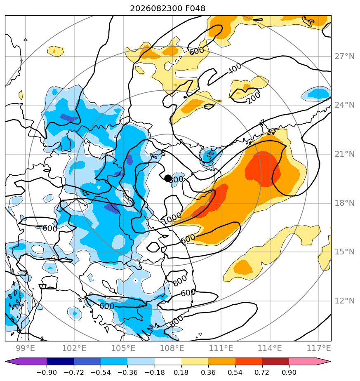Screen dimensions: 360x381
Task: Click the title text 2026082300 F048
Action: click(168, 9)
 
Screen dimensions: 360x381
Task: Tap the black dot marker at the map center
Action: click(168, 178)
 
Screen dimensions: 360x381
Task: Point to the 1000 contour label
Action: click(172, 218)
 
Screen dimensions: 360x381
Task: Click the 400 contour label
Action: click(235, 68)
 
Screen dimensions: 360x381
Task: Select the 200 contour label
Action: click(254, 97)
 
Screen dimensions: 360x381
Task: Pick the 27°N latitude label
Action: click(345, 56)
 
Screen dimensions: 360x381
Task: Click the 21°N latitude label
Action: click(345, 154)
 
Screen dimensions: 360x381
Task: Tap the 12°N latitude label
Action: click(345, 301)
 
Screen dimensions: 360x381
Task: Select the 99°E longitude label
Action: click(25, 348)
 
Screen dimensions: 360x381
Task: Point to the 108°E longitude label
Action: click(172, 348)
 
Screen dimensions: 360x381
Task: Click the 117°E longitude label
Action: click(319, 348)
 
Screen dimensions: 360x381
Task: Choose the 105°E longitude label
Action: click(123, 348)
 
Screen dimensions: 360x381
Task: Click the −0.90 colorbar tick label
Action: click(47, 372)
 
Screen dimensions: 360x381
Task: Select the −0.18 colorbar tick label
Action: click(155, 372)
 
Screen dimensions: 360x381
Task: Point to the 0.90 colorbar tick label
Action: click(289, 372)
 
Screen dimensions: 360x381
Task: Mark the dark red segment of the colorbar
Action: click(275, 361)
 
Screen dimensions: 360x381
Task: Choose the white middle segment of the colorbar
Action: click(168, 361)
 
